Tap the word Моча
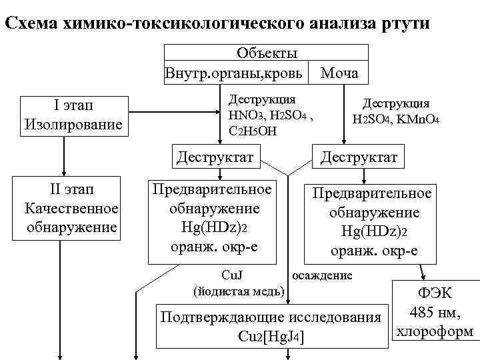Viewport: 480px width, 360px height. [x=339, y=72]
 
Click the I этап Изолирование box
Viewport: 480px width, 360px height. [x=73, y=115]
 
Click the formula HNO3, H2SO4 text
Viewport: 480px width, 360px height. [x=271, y=114]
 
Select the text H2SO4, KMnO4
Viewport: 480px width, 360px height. [x=395, y=119]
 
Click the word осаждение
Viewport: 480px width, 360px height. [x=322, y=275]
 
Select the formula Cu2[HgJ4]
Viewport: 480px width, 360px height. [x=271, y=337]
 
